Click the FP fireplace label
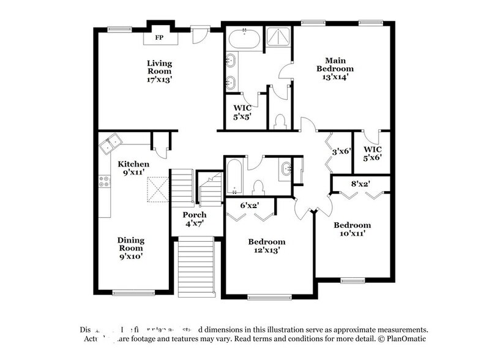(x=159, y=38)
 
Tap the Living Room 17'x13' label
(x=159, y=70)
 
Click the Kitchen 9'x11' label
(x=133, y=168)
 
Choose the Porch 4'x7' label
(x=195, y=219)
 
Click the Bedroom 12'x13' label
(x=266, y=246)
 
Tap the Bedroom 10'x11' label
(x=352, y=229)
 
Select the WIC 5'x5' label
(x=242, y=112)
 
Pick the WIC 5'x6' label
(x=373, y=152)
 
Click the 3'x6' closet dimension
(x=341, y=151)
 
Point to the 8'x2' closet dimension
(x=360, y=182)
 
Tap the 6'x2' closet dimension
(x=248, y=205)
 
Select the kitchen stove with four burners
(x=104, y=181)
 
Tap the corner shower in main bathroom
(x=278, y=38)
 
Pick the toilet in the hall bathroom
(x=258, y=186)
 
